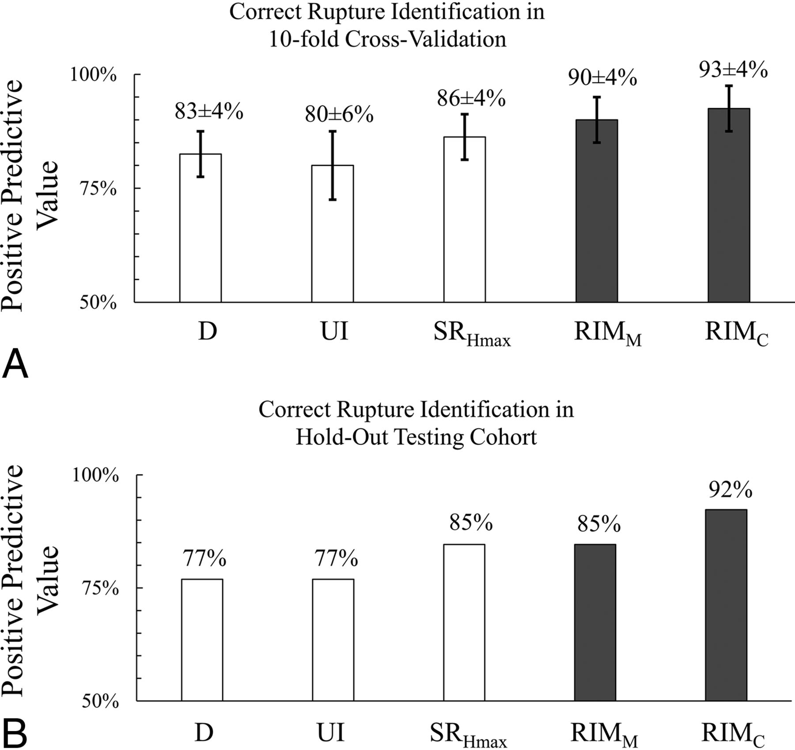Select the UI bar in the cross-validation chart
[332, 234]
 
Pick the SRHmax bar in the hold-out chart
[464, 622]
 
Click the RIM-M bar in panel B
[595, 622]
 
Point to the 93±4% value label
[733, 69]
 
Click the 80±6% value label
[339, 114]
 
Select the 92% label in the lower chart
[731, 489]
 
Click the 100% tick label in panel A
[94, 75]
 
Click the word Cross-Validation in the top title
[425, 39]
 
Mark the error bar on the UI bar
[332, 165]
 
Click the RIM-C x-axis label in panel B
[733, 734]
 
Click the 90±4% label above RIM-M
[602, 78]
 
